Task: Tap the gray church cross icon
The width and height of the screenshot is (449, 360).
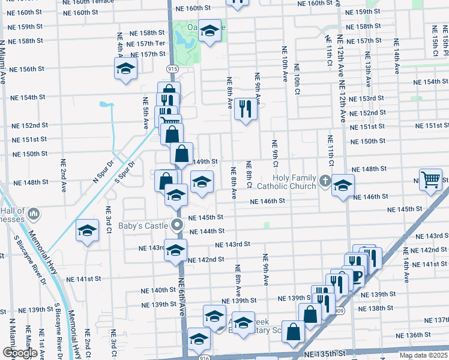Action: tap(324, 180)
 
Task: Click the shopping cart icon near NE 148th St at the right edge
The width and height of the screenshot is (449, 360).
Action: tap(431, 179)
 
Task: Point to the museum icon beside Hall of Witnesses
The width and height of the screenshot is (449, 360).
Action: tap(34, 213)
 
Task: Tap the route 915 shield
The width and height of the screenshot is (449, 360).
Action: tap(172, 69)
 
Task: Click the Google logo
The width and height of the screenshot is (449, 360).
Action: tap(20, 353)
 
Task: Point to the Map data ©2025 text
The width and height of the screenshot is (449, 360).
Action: tap(424, 355)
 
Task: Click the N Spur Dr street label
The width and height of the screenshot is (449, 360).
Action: tap(103, 170)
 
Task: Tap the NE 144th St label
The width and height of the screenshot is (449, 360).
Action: tap(206, 231)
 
